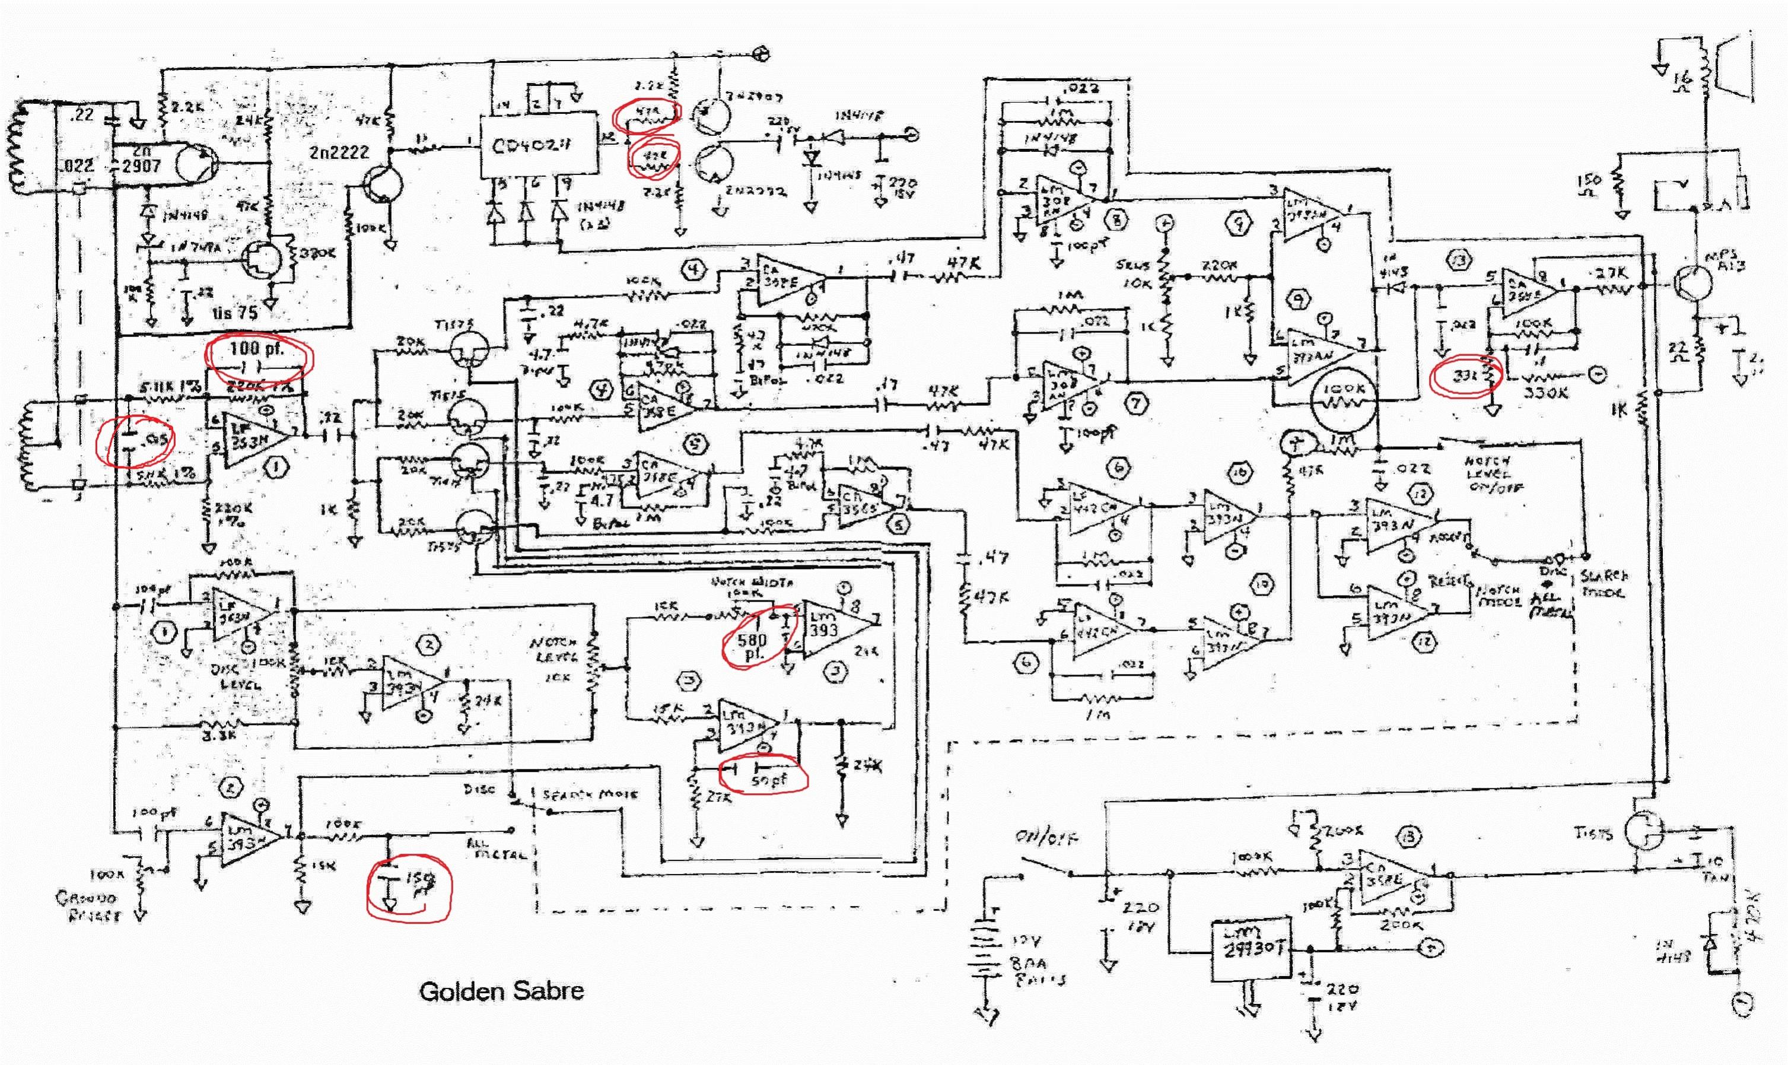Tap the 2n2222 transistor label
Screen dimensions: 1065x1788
[x=339, y=152]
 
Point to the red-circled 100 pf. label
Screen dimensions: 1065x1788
[x=257, y=349]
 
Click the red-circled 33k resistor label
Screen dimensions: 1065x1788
[x=1462, y=376]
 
